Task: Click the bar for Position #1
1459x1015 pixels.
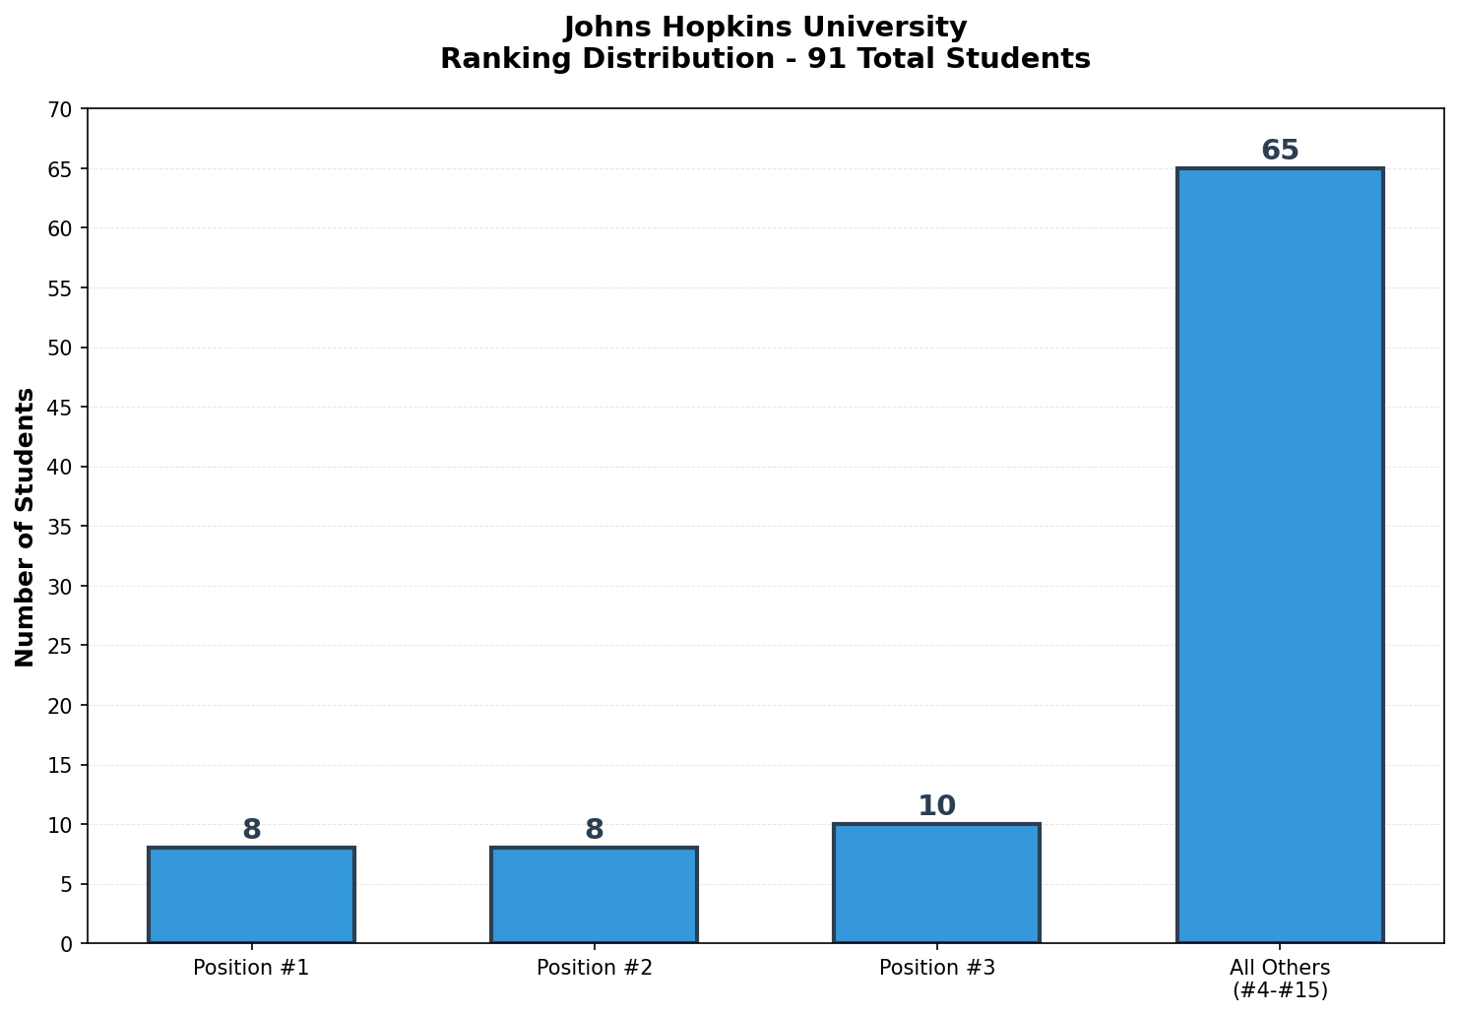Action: click(251, 895)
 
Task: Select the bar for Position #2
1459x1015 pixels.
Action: click(594, 895)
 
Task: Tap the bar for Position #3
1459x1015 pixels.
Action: click(936, 883)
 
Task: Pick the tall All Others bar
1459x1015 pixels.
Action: click(1280, 555)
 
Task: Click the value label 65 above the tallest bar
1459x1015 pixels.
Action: click(1280, 151)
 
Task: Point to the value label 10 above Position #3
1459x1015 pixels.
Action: click(936, 806)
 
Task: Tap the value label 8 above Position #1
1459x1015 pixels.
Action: click(251, 830)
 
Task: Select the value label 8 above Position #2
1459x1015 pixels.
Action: click(594, 830)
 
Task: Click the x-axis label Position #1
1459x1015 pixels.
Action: click(251, 968)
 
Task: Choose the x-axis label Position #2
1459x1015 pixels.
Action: click(594, 968)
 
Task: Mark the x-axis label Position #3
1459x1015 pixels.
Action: click(936, 968)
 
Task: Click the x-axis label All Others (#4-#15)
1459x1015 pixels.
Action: click(1280, 979)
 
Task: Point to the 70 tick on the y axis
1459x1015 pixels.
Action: click(61, 109)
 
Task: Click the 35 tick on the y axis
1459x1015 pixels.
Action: click(61, 527)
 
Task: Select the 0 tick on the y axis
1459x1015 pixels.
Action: click(67, 944)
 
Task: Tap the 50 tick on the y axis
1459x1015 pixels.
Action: click(61, 348)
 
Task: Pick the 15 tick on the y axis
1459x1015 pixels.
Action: click(61, 765)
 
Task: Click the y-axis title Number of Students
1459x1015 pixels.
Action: click(26, 527)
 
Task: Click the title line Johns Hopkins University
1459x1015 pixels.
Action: click(765, 27)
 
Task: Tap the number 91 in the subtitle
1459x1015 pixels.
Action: click(821, 59)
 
